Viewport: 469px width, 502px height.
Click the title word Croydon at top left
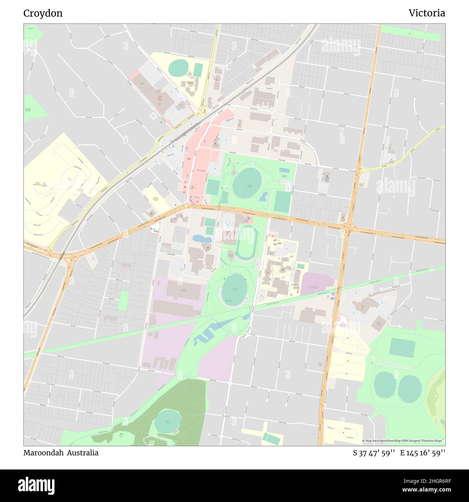click(43, 13)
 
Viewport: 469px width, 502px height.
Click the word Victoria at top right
click(426, 13)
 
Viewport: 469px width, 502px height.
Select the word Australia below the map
click(84, 453)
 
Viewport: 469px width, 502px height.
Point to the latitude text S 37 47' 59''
click(374, 453)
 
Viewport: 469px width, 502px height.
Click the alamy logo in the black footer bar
click(36, 485)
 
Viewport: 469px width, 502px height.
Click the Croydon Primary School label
click(190, 84)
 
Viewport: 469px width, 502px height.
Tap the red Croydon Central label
click(159, 92)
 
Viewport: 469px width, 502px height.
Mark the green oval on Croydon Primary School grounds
click(178, 68)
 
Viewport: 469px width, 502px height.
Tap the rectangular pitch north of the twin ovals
click(402, 347)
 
